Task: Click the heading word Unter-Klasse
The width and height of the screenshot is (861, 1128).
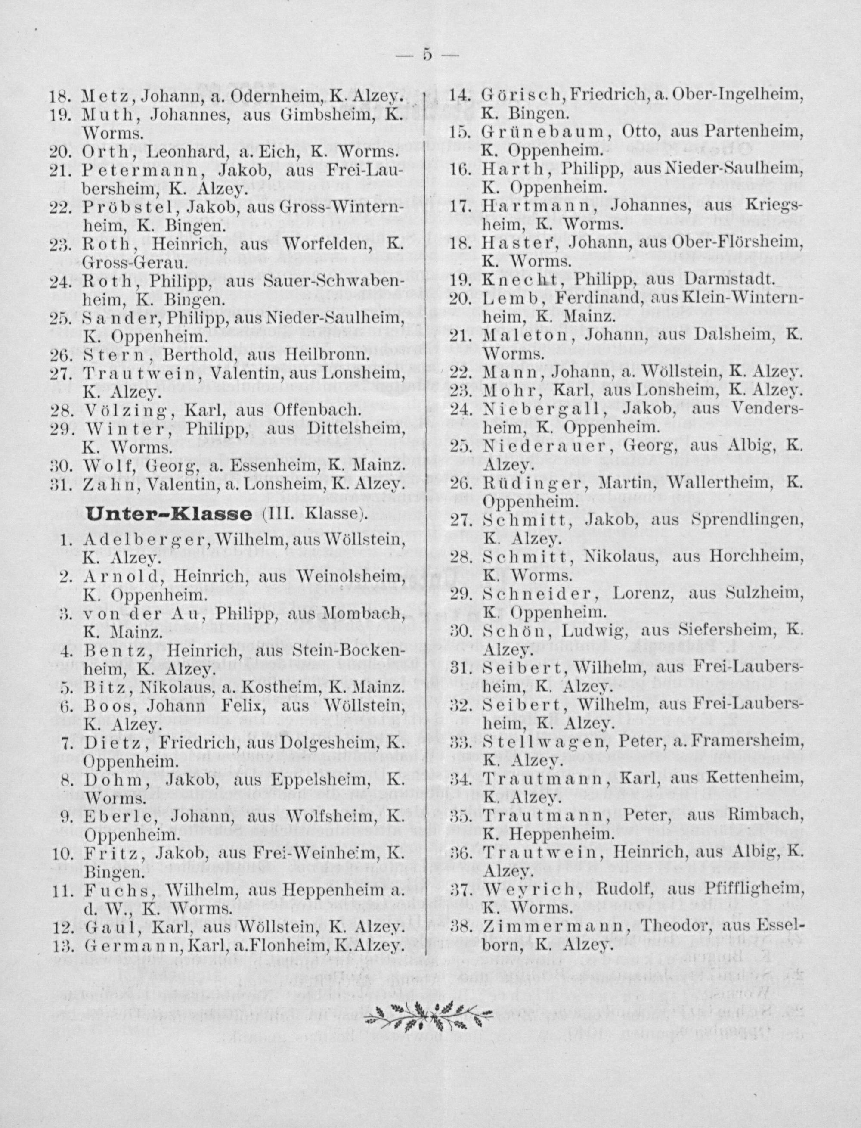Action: point(169,514)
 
